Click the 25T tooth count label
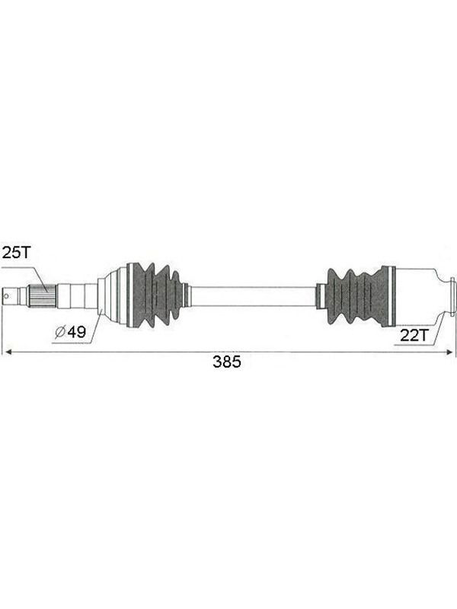pos(16,253)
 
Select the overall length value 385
pos(227,362)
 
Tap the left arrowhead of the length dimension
pos(7,352)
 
